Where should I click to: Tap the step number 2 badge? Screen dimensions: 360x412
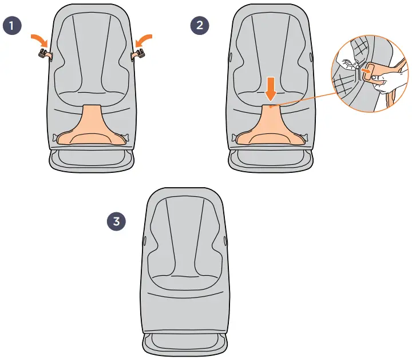200,26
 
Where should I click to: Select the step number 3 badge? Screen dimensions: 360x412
117,221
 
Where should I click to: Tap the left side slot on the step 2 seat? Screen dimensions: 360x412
230,57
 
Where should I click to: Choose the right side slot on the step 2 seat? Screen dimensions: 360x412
311,57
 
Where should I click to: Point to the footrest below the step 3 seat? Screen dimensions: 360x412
184,343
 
